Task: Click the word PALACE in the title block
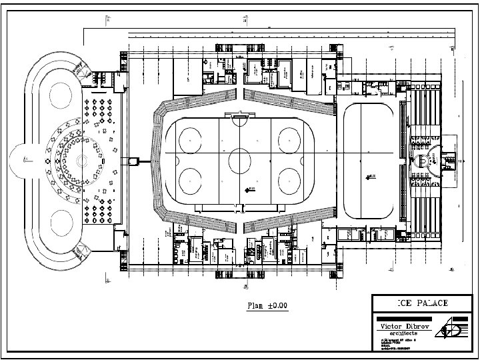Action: click(433, 303)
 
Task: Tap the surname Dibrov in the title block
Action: click(418, 326)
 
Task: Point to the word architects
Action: click(404, 333)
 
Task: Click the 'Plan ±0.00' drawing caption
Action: click(267, 305)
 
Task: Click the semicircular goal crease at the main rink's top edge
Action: click(239, 121)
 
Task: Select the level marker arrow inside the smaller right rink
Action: click(369, 177)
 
